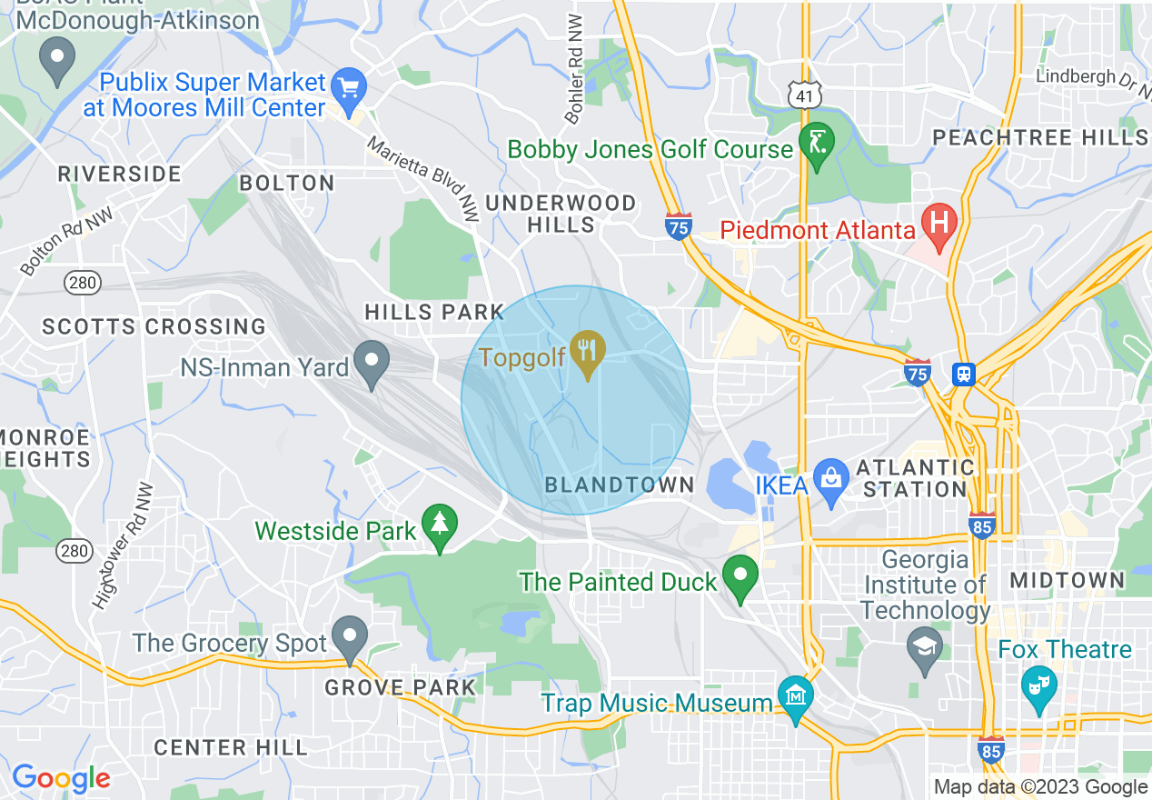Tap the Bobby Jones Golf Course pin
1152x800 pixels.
[x=816, y=144]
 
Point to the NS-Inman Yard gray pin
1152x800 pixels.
[x=371, y=362]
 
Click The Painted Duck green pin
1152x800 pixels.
[x=740, y=575]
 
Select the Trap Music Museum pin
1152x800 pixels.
[x=797, y=697]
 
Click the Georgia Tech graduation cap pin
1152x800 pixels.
[x=925, y=648]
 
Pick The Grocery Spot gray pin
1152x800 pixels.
[x=350, y=636]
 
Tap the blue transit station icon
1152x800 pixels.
[x=964, y=374]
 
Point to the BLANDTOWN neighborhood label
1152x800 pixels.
[x=620, y=485]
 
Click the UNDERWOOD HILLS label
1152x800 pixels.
[x=561, y=214]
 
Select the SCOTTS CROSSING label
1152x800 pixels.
[x=154, y=326]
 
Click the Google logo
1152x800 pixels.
[x=61, y=778]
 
